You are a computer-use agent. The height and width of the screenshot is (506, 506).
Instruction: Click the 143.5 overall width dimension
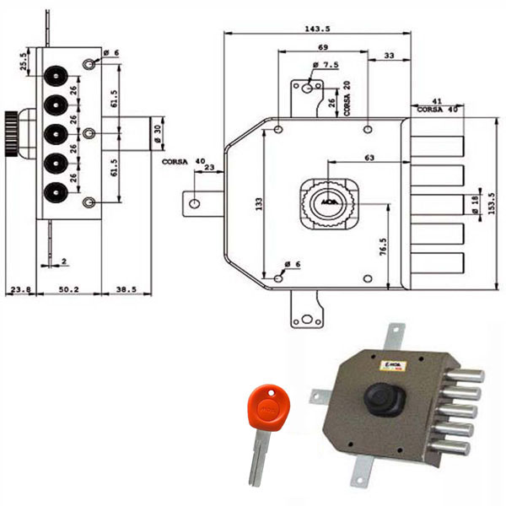pyautogui.click(x=317, y=28)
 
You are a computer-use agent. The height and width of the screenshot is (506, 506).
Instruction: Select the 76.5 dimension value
pyautogui.click(x=383, y=249)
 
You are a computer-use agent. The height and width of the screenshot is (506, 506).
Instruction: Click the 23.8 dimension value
pyautogui.click(x=19, y=289)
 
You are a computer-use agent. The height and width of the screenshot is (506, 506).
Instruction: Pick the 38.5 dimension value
pyautogui.click(x=126, y=289)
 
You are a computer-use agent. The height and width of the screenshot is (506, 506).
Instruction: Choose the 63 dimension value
pyautogui.click(x=369, y=157)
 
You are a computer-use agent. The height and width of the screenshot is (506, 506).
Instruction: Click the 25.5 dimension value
pyautogui.click(x=23, y=62)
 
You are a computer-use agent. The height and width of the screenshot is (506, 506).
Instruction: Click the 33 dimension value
pyautogui.click(x=389, y=56)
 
